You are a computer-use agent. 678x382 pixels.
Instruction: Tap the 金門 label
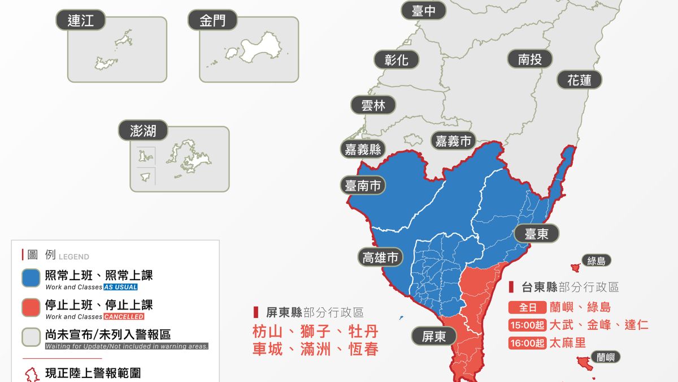[x=212, y=21]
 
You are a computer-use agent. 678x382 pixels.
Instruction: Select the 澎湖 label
[x=143, y=131]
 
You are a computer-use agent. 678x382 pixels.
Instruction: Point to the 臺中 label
[x=424, y=10]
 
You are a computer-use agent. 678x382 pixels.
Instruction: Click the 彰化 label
[x=396, y=59]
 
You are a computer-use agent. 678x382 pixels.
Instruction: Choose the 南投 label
[x=529, y=58]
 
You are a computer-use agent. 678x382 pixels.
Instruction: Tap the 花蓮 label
[x=579, y=80]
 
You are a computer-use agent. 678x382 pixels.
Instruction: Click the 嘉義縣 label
[x=363, y=149]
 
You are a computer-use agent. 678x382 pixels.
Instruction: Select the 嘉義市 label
[x=453, y=140]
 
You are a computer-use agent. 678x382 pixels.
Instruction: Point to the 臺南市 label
[x=363, y=185]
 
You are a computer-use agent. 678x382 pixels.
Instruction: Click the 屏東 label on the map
[x=434, y=336]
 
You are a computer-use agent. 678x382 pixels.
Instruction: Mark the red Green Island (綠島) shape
[x=575, y=267]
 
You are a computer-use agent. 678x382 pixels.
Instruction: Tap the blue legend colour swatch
[x=31, y=278]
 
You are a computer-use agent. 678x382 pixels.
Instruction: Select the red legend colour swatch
[x=31, y=308]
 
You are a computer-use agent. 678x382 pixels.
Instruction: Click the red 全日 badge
[x=527, y=307]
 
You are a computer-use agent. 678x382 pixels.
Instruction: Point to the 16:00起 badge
[x=527, y=343]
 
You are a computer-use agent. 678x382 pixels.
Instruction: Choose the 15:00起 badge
[x=527, y=325]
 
